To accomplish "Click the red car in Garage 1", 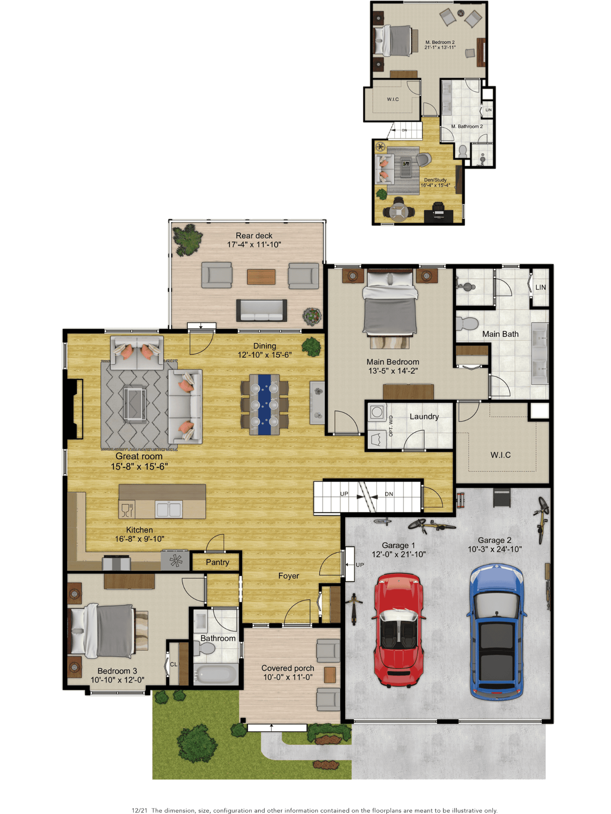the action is (x=398, y=630).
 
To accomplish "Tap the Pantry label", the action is (x=218, y=562).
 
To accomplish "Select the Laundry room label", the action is (x=424, y=417).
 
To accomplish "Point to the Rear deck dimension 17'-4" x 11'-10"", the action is (x=254, y=245).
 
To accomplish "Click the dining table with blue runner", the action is (x=265, y=404).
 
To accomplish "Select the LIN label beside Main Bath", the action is (x=541, y=287).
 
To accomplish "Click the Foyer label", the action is (x=288, y=576).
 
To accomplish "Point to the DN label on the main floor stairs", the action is (x=389, y=494).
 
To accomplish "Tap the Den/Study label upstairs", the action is (x=435, y=180).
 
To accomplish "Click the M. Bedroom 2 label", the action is (x=440, y=42).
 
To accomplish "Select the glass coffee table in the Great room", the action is (x=135, y=403).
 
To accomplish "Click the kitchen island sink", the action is (x=169, y=509).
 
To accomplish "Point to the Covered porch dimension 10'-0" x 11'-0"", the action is (x=288, y=677).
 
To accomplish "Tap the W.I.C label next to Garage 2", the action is (x=500, y=455).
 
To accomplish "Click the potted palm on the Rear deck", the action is (x=187, y=240).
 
